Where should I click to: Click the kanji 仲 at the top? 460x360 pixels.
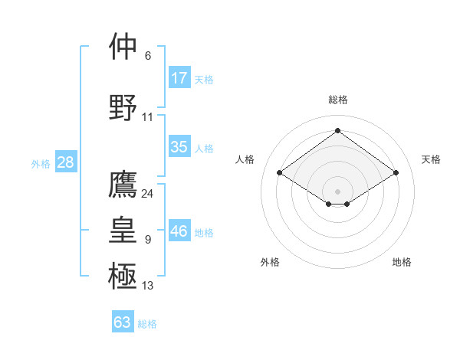(x=123, y=47)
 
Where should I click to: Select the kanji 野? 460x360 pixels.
(x=123, y=107)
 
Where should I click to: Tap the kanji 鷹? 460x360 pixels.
(x=123, y=185)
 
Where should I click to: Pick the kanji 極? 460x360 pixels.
(x=123, y=275)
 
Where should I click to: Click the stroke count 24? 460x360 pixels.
(x=148, y=194)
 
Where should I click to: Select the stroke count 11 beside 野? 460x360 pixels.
(x=148, y=117)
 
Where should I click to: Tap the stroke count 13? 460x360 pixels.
(x=148, y=286)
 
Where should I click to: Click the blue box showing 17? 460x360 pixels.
(x=179, y=78)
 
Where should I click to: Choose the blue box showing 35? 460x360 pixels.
(x=179, y=148)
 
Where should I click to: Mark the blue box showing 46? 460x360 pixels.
(x=179, y=231)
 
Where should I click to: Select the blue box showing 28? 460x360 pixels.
(x=65, y=162)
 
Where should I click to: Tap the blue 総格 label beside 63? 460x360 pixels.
(x=147, y=324)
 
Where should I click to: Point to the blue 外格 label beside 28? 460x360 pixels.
(x=41, y=164)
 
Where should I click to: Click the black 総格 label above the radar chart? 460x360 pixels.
(x=338, y=100)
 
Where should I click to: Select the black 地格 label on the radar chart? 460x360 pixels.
(x=402, y=262)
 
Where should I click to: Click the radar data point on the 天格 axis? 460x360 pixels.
(x=396, y=173)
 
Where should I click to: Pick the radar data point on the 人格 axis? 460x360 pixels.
(x=280, y=173)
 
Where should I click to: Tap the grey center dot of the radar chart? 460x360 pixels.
(x=338, y=191)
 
